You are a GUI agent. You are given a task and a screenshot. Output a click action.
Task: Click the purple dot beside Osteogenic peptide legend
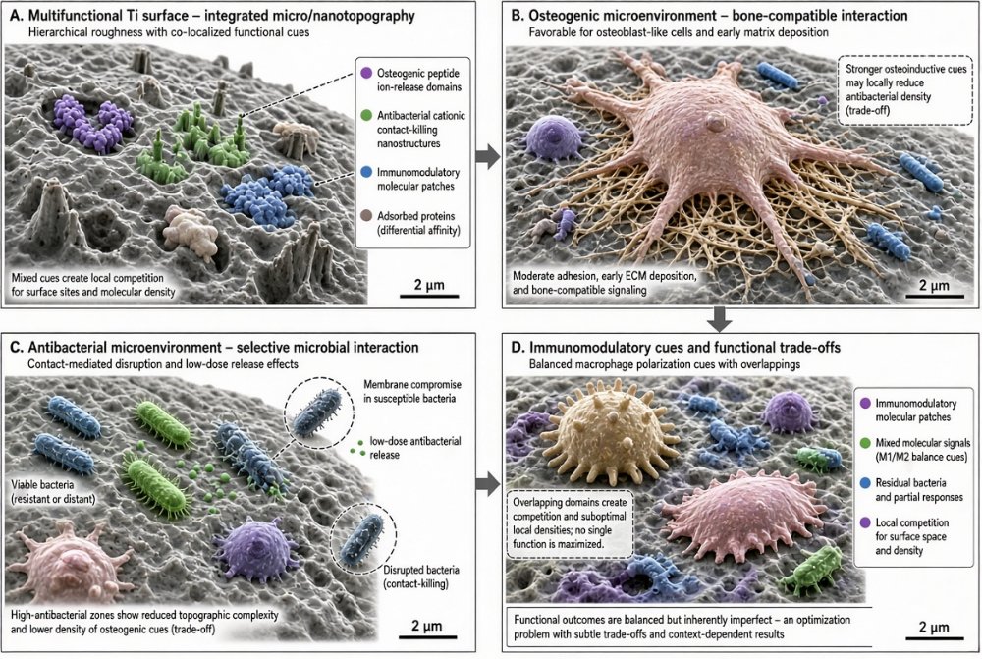click(366, 74)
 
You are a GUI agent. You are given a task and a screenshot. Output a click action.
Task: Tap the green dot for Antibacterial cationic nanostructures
click(366, 115)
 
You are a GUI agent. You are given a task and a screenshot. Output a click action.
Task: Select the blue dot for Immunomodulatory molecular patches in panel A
click(366, 172)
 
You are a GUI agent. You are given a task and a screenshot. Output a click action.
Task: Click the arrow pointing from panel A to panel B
click(488, 156)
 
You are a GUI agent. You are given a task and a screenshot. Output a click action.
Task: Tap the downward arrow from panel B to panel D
click(720, 319)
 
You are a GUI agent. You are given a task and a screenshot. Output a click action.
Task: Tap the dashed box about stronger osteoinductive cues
click(905, 90)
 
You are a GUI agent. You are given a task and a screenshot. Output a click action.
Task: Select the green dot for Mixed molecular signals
click(865, 443)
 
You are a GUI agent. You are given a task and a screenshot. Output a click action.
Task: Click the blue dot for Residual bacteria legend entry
click(865, 483)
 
